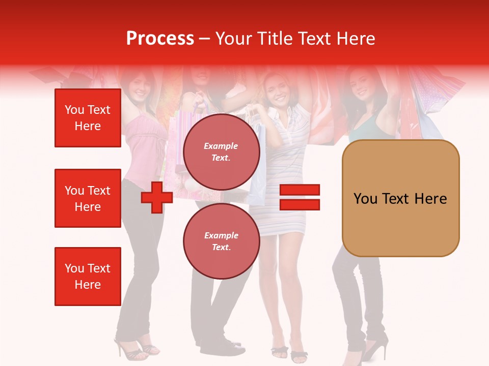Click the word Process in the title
point(160,39)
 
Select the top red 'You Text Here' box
point(88,118)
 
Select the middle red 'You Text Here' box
point(88,198)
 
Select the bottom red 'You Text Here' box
point(88,276)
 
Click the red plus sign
point(157,197)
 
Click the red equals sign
point(300,197)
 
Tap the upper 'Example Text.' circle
point(221,152)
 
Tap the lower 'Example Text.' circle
point(221,241)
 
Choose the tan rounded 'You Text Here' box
point(400,198)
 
